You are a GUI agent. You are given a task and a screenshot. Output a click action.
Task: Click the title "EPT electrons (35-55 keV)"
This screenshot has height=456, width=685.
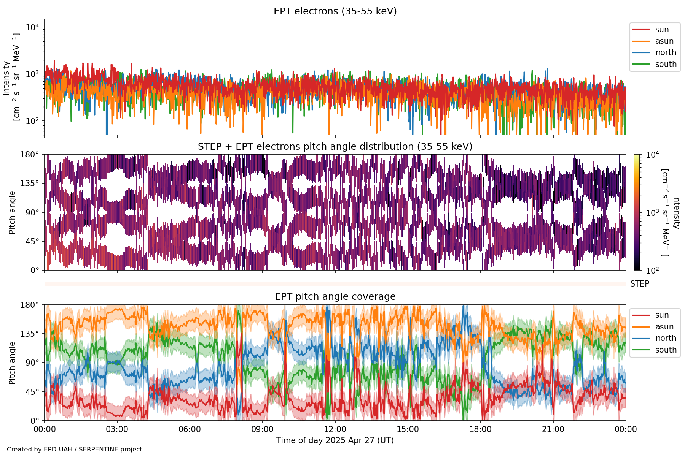(335, 11)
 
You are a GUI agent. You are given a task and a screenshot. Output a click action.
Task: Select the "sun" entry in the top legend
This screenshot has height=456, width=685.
(662, 30)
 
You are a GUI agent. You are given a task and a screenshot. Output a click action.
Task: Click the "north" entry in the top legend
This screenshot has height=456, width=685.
(666, 52)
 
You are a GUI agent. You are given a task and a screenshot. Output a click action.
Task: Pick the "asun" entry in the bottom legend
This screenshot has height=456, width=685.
(664, 327)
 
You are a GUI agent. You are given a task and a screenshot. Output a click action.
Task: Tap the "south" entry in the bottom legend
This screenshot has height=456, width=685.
(666, 350)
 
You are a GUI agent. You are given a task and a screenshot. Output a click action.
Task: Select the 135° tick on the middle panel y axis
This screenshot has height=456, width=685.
(30, 184)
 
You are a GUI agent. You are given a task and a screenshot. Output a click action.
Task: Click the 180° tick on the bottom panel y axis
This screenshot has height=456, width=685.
(30, 305)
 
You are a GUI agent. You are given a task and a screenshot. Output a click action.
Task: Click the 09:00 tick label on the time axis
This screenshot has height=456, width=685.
(262, 429)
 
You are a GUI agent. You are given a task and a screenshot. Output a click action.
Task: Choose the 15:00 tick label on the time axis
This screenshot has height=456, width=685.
(408, 429)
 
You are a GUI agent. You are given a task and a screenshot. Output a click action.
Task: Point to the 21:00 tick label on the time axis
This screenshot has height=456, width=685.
(553, 429)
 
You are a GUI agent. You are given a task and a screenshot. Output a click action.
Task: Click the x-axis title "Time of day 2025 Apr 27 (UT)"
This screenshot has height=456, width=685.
(335, 440)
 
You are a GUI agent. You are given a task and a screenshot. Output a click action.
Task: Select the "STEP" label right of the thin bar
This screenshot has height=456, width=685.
(639, 284)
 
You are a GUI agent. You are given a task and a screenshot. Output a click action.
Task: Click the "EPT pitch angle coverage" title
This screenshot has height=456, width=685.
(335, 297)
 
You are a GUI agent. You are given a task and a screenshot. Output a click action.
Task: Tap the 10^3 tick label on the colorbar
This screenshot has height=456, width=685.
(652, 213)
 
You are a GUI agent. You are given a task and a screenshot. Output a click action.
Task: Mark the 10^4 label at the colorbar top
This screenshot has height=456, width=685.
(652, 155)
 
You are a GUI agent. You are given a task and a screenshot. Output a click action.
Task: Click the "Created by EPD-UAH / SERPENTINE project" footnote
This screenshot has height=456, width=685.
(75, 450)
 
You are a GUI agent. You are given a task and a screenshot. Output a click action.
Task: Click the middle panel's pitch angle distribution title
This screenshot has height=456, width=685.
(335, 147)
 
